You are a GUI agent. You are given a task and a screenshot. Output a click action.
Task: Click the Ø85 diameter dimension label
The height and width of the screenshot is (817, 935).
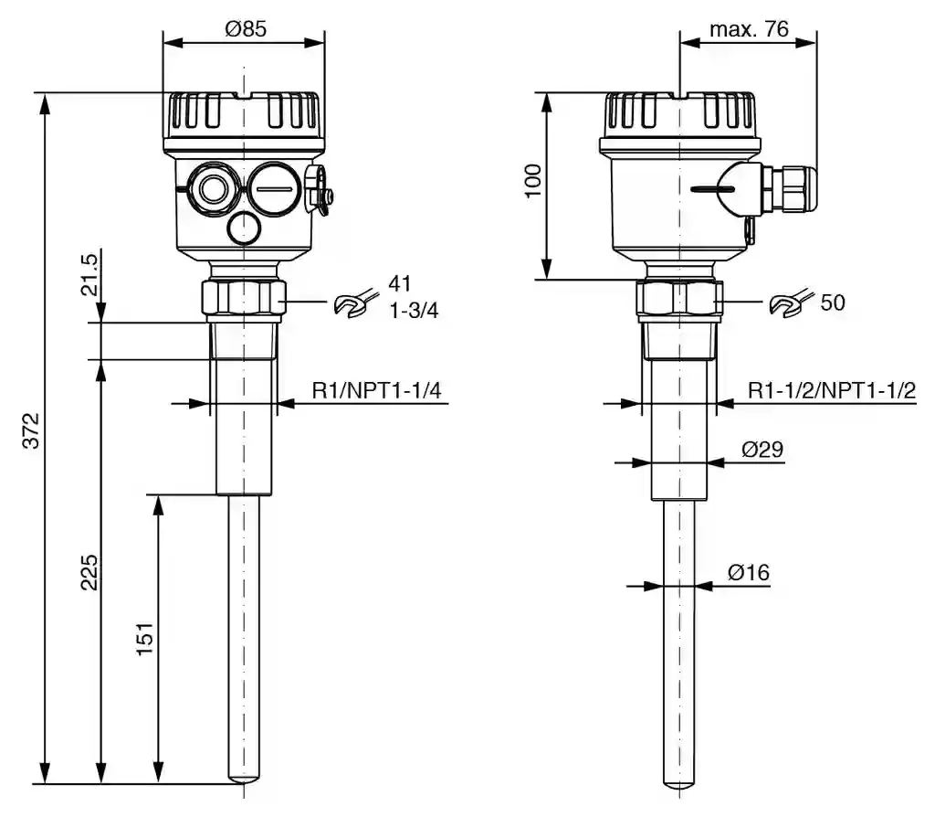[x=246, y=28]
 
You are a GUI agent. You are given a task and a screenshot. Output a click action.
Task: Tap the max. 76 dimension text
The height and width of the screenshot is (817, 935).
[x=749, y=28]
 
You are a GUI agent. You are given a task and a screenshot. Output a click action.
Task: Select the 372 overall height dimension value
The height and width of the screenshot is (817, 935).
[x=30, y=430]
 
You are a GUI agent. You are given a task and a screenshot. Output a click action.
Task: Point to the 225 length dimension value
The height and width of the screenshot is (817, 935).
[x=89, y=572]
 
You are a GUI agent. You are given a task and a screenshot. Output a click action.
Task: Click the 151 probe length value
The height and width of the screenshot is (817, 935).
[x=145, y=639]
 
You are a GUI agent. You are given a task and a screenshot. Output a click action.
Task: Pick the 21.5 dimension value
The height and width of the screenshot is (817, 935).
[x=89, y=274]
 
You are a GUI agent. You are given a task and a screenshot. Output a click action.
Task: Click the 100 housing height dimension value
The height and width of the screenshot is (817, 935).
[x=532, y=180]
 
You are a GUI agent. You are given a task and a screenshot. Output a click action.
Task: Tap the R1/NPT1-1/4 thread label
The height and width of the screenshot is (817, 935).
[x=377, y=390]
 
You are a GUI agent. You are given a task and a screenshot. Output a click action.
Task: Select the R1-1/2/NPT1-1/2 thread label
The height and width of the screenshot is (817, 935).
[x=832, y=390]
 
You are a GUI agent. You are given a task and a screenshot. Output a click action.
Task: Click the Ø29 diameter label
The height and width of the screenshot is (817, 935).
[x=762, y=449]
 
